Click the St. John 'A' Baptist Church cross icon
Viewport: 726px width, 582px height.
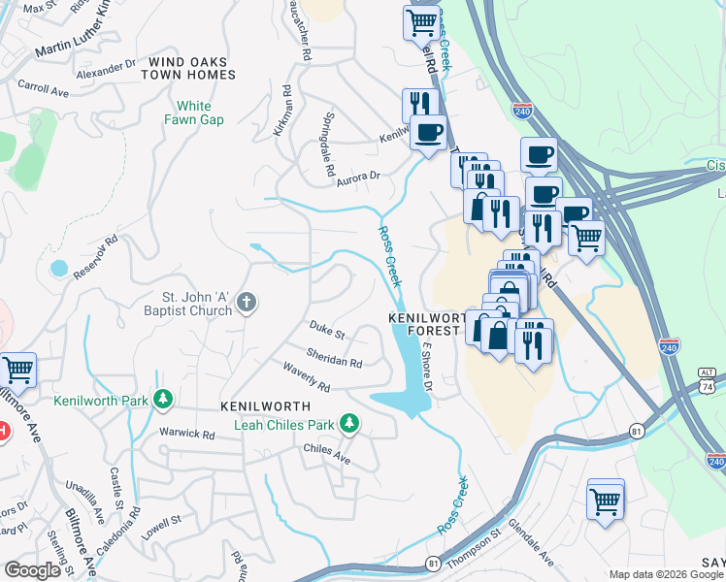tap(247, 303)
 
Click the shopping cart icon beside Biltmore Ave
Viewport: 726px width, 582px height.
tap(17, 370)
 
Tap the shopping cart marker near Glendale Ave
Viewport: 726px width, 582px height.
tap(605, 501)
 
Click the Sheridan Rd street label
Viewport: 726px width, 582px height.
tap(334, 359)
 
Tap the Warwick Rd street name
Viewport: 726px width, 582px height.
tap(188, 434)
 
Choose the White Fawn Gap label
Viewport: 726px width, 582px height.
tap(200, 113)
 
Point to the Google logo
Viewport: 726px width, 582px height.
tap(32, 569)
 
